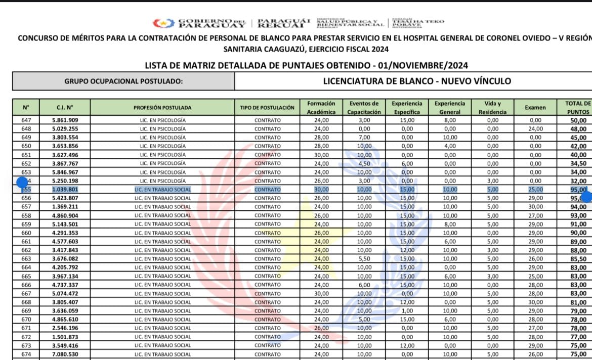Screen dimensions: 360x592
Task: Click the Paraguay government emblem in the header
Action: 163,23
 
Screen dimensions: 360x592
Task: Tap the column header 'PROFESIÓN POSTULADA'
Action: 162,107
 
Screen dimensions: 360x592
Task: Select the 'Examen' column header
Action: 535,107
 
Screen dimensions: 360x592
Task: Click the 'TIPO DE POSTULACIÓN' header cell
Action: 267,107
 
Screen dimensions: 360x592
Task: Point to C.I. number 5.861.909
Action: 65,120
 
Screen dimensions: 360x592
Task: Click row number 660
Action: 26,233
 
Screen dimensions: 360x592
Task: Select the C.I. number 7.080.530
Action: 65,354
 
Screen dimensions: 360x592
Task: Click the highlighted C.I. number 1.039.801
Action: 65,190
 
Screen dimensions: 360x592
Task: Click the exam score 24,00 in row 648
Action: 535,129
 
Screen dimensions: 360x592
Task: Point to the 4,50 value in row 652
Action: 363,163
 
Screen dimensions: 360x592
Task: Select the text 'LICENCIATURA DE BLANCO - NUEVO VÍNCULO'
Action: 417,81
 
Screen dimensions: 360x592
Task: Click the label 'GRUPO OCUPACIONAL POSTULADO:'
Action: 123,81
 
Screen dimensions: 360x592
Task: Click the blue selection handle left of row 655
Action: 22,183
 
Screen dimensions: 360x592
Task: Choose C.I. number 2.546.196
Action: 65,328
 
